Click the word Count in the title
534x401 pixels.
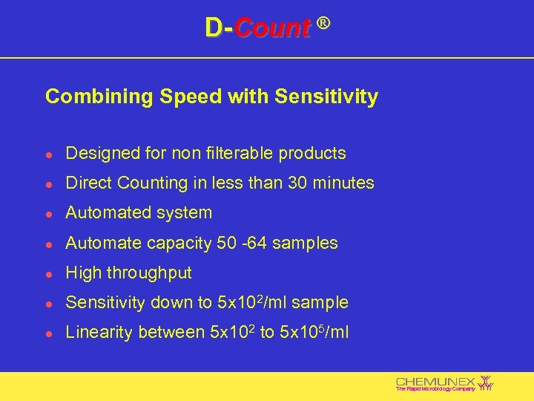point(272,28)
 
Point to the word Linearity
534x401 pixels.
point(99,333)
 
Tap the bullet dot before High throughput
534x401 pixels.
point(48,273)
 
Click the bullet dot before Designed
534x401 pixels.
point(48,154)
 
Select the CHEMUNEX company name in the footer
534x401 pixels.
point(435,380)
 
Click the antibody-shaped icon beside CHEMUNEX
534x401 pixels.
point(487,382)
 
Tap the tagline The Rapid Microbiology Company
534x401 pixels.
point(435,389)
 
